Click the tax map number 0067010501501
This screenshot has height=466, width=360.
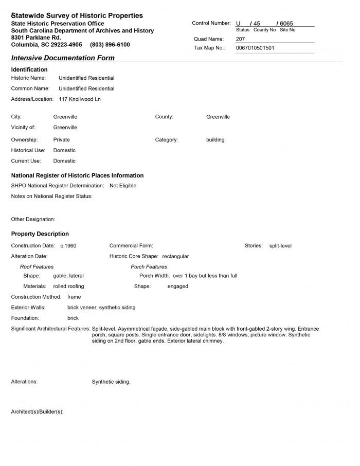pos(255,48)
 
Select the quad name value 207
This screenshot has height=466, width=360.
pos(241,39)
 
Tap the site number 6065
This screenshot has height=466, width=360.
pos(286,24)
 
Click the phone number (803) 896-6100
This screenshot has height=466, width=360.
pos(110,45)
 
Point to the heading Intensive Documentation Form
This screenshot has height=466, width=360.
pos(63,58)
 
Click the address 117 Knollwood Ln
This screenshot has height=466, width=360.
pos(80,99)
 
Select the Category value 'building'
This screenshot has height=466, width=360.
pos(215,140)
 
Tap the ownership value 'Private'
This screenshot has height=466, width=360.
pos(61,140)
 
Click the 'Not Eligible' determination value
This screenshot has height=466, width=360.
pos(123,186)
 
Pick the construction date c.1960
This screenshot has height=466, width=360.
pos(68,246)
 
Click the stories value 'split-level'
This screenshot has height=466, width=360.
pos(280,246)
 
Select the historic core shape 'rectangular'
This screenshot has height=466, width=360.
pos(175,256)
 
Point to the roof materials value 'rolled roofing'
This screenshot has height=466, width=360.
pos(68,286)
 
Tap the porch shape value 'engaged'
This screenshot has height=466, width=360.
pos(177,286)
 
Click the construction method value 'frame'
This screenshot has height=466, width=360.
pos(74,297)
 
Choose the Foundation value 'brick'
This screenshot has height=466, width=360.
pos(73,318)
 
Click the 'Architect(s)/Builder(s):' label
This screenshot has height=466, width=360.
pos(37,412)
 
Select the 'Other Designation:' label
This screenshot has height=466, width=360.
pos(33,220)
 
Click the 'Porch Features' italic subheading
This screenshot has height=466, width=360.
pos(149,267)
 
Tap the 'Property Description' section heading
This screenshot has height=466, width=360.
pos(40,234)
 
